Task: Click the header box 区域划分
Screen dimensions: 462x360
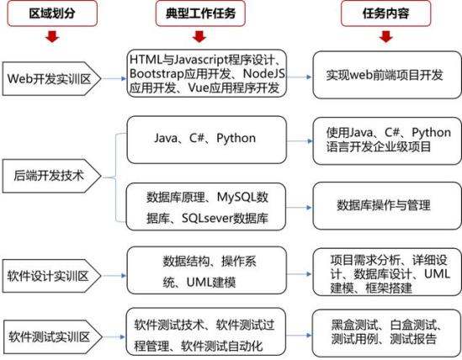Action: click(x=52, y=13)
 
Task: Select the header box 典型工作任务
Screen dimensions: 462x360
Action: click(x=200, y=13)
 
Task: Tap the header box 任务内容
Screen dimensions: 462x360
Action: click(x=385, y=13)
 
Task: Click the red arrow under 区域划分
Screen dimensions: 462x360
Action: click(x=52, y=36)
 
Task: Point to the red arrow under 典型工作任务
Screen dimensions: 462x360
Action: click(x=199, y=36)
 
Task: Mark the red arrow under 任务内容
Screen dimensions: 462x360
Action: click(x=386, y=36)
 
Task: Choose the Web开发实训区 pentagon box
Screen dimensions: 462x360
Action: click(x=51, y=79)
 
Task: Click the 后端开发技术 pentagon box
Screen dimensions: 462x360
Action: click(x=51, y=176)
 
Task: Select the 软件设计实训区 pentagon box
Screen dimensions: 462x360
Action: click(x=51, y=276)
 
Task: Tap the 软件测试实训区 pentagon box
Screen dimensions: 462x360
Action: click(x=52, y=337)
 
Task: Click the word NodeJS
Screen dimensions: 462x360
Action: click(x=264, y=74)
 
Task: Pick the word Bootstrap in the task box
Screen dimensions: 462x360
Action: click(x=157, y=74)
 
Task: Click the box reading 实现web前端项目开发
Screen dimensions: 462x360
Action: click(x=387, y=75)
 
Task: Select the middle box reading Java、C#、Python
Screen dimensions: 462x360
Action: click(x=206, y=140)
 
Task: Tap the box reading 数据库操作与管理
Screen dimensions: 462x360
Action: click(x=387, y=205)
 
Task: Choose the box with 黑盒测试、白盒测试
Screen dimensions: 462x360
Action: click(x=386, y=333)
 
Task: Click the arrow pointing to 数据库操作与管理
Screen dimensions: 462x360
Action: click(x=299, y=208)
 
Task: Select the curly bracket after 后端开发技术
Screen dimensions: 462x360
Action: click(x=115, y=177)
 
